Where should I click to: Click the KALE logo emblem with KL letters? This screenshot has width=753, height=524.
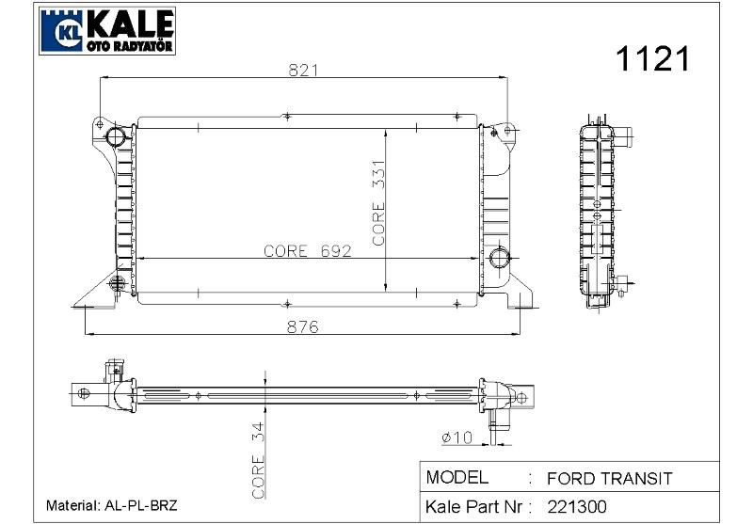click(x=62, y=31)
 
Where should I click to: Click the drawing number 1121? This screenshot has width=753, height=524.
click(x=652, y=59)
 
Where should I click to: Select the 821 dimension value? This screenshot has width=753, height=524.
click(x=303, y=70)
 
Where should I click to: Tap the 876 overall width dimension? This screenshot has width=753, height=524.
click(x=302, y=326)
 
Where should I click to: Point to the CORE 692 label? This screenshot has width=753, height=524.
click(x=308, y=251)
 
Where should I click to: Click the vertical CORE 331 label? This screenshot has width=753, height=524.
click(x=379, y=202)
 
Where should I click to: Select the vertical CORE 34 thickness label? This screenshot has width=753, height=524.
click(x=258, y=460)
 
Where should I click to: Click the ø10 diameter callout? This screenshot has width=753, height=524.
click(x=457, y=437)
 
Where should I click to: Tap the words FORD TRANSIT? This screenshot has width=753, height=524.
click(x=609, y=479)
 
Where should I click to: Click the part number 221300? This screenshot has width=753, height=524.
click(x=577, y=507)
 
